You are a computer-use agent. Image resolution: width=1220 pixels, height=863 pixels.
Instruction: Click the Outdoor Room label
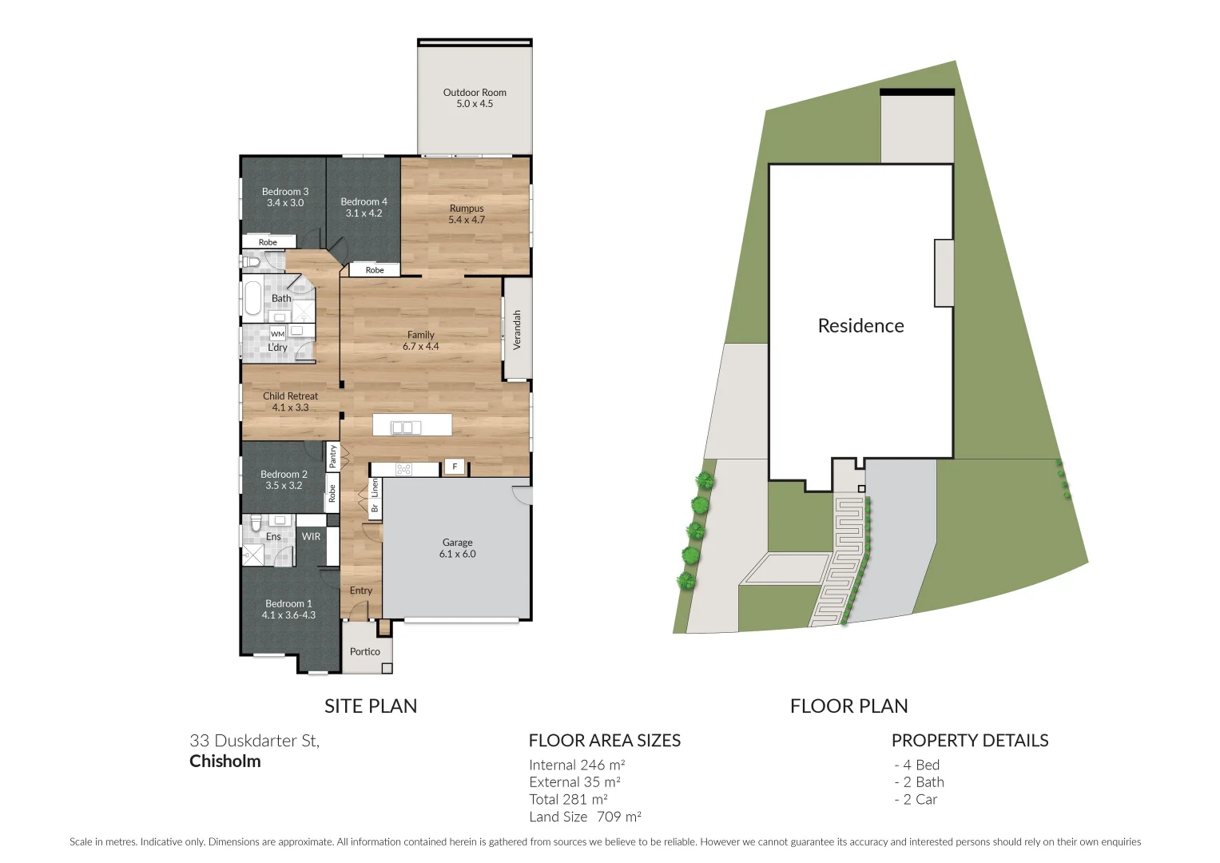[475, 98]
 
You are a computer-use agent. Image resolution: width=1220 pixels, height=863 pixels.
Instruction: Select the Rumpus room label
[466, 214]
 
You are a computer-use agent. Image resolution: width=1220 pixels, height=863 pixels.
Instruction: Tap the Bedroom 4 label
[364, 208]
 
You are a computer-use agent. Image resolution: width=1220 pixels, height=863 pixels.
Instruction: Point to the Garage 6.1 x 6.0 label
[457, 548]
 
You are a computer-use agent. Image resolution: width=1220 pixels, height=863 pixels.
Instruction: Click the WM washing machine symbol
[277, 334]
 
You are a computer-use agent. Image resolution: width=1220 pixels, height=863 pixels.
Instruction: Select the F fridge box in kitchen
[455, 467]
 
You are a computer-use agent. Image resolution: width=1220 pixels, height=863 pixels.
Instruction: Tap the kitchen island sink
[406, 428]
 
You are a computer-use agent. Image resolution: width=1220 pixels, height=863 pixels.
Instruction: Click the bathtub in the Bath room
[252, 298]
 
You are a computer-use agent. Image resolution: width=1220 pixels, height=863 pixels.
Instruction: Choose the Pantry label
[332, 456]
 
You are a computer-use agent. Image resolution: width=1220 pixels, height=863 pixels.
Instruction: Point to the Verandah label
[517, 329]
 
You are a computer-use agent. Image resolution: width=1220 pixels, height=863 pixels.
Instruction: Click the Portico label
[365, 652]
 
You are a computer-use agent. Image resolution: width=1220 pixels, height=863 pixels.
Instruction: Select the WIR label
[311, 537]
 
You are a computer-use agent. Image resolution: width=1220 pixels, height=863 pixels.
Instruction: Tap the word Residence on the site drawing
[860, 326]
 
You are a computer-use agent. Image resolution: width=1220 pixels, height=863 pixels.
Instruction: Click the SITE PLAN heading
[371, 706]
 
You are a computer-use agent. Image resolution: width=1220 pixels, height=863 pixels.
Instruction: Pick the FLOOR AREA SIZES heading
[605, 741]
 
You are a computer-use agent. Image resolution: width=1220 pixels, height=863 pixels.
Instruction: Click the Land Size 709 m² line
[585, 817]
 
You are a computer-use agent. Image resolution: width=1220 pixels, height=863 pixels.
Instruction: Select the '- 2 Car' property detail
[916, 800]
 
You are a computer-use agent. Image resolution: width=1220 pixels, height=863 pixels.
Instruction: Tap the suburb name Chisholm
[225, 762]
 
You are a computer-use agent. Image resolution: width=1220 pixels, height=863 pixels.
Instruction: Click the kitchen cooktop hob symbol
[404, 469]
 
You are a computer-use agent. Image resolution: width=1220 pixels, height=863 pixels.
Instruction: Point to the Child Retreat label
[290, 402]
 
